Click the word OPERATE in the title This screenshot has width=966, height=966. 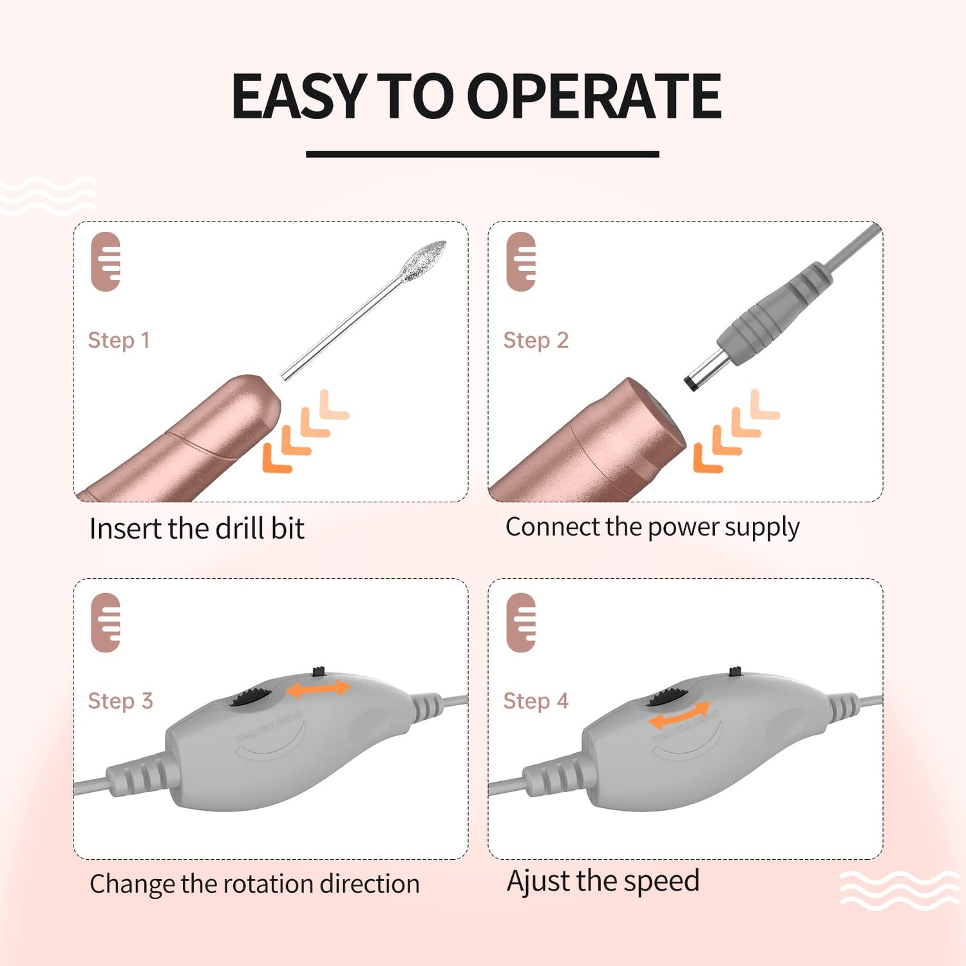click(x=593, y=96)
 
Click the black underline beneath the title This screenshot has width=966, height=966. click(x=482, y=154)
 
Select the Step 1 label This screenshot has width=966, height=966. click(x=119, y=340)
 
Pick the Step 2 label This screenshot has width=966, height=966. click(x=536, y=340)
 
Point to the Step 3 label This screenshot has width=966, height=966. click(x=120, y=701)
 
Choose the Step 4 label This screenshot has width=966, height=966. click(x=536, y=701)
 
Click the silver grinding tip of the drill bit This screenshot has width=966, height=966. click(x=422, y=261)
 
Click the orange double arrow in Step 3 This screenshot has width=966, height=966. click(x=318, y=689)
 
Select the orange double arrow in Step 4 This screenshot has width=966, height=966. click(x=679, y=715)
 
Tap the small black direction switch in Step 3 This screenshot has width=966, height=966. click(x=318, y=672)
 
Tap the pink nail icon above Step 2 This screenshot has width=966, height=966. click(x=521, y=261)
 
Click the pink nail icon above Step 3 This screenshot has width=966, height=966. click(x=106, y=623)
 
